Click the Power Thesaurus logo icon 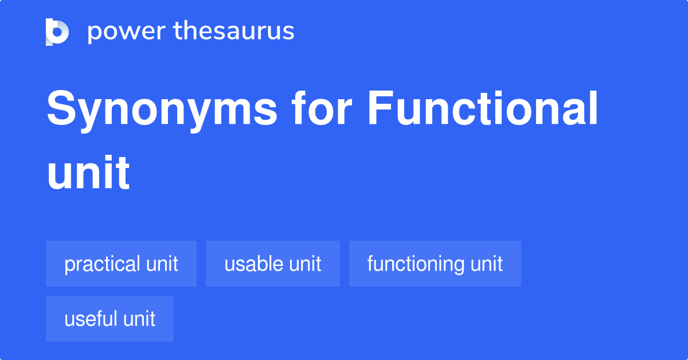57,32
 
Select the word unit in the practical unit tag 162,264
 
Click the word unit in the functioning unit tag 487,264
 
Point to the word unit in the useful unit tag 139,319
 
